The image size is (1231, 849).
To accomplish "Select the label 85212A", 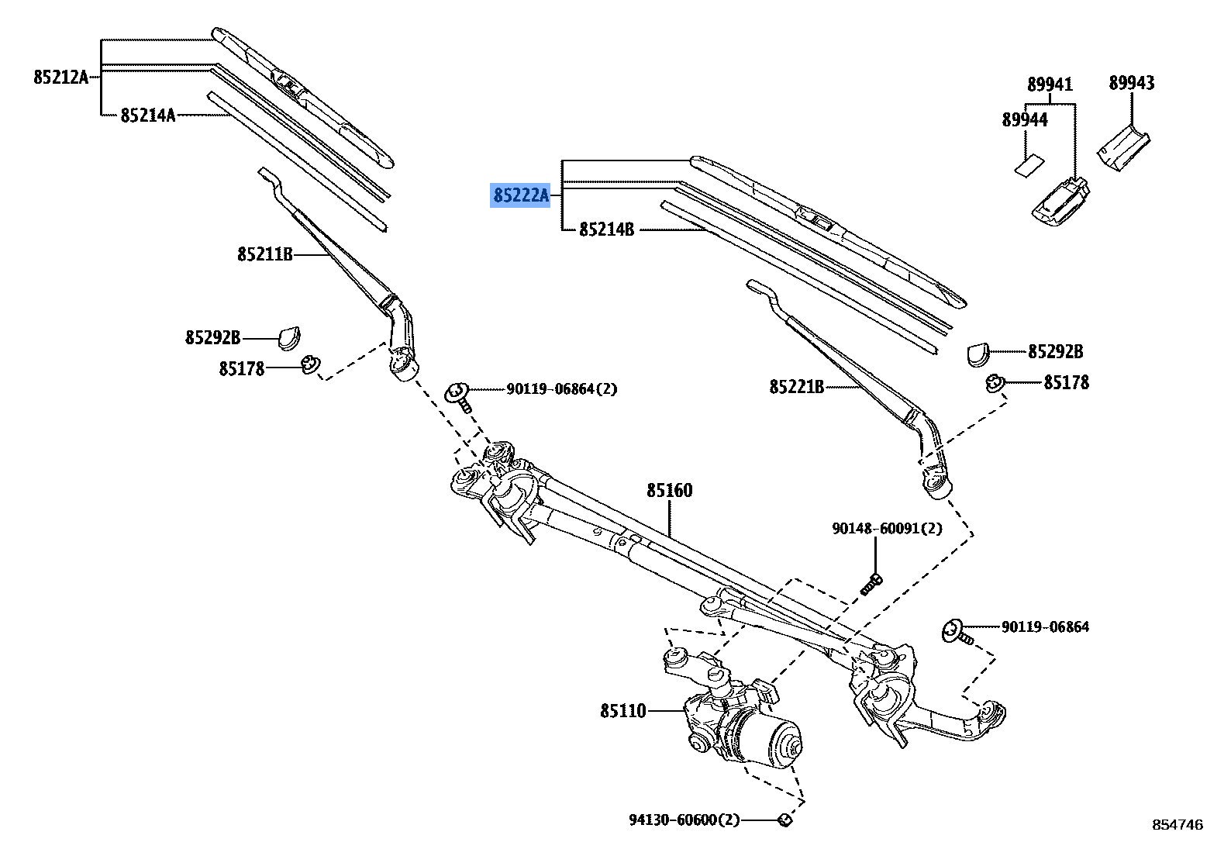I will (x=60, y=77).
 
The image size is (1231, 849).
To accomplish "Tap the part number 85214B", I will (x=607, y=230).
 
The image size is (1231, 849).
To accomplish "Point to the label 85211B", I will (x=264, y=254).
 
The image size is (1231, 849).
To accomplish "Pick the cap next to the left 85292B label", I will (x=289, y=336).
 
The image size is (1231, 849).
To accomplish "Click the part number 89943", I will (x=1130, y=82).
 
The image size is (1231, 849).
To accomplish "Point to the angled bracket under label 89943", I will (x=1123, y=144).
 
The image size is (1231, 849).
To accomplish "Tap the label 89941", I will (x=1050, y=84).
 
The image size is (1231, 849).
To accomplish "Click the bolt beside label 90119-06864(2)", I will (x=458, y=395).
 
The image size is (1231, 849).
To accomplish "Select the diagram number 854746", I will (x=1177, y=825).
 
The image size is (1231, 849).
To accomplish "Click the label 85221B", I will (x=796, y=385).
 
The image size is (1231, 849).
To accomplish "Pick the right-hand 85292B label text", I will (x=1055, y=351).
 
